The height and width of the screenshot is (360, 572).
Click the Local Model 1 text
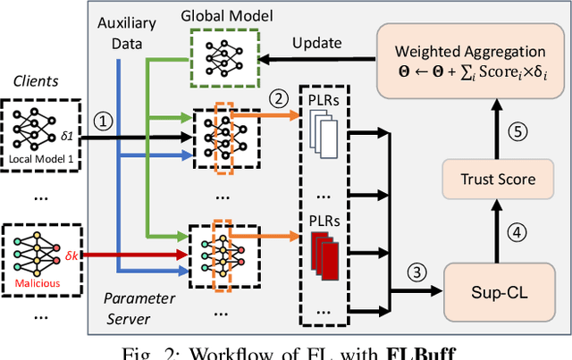(x=39, y=160)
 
